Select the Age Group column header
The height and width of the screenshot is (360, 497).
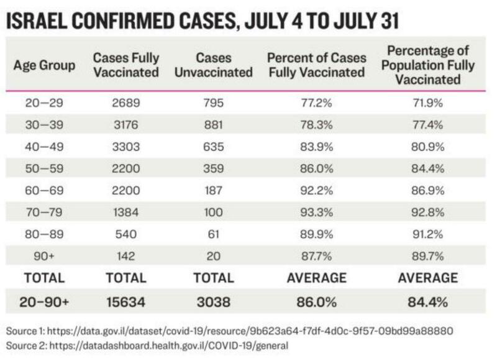44,65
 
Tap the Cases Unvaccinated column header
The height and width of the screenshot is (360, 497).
213,65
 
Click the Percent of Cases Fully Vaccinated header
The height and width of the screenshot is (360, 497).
316,65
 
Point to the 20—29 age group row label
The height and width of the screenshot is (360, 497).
44,103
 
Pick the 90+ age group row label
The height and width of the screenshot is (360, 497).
44,256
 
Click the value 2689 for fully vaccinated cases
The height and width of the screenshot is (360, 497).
126,103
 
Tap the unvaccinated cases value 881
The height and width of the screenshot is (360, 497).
213,125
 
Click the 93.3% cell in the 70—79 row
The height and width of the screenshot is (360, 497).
316,212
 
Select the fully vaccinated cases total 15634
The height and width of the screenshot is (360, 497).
126,302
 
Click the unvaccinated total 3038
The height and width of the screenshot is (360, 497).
213,302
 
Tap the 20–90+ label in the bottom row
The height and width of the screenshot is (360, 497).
44,302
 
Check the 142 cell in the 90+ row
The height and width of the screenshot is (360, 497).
126,256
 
